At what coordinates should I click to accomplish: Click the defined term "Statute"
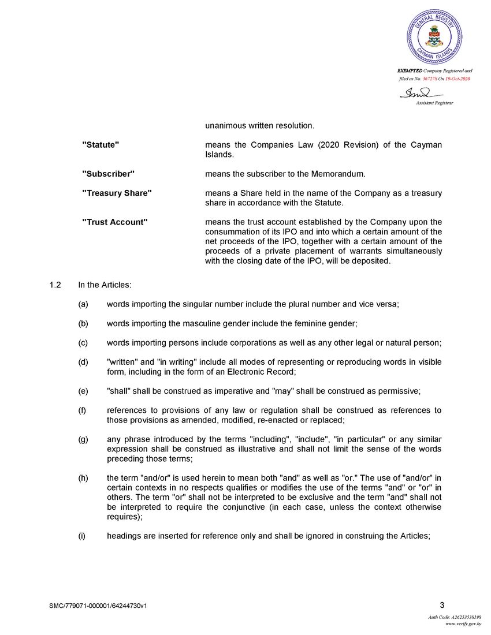101,144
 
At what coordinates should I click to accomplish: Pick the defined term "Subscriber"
109,174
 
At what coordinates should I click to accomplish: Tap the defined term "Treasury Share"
117,193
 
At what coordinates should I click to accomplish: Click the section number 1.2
55,285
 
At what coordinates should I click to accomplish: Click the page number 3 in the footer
442,605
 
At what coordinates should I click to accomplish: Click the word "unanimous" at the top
226,125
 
